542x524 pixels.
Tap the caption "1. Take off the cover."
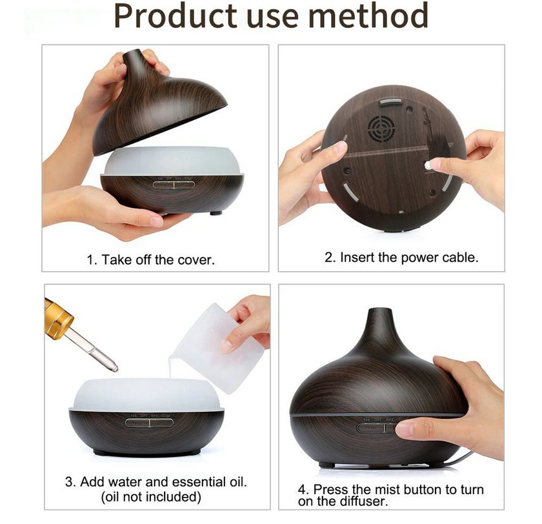(150, 260)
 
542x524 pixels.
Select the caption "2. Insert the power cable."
(401, 257)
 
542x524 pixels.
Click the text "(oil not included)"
(150, 497)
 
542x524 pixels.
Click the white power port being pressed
(428, 165)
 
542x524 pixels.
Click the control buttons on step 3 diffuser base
(149, 423)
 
